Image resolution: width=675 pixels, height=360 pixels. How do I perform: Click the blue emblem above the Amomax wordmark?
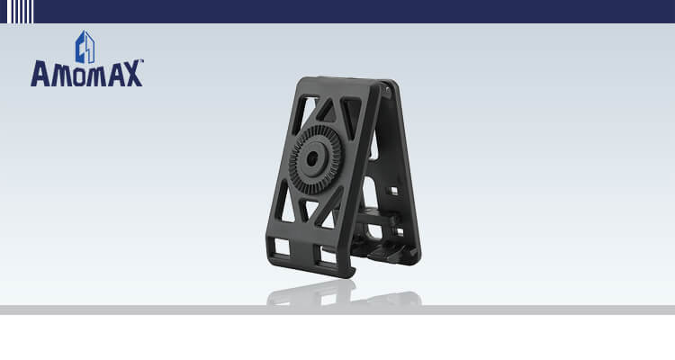[x=85, y=47]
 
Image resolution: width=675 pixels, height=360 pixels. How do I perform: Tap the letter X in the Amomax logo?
[x=132, y=74]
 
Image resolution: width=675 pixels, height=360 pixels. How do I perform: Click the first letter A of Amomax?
[x=40, y=74]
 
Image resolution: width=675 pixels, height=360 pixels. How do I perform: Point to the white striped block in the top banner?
[x=20, y=12]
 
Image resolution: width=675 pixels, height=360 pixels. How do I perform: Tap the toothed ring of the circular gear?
[x=315, y=160]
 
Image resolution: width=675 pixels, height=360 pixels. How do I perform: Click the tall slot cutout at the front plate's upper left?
[x=299, y=114]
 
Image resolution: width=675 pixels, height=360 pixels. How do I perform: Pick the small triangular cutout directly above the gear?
[x=327, y=112]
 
